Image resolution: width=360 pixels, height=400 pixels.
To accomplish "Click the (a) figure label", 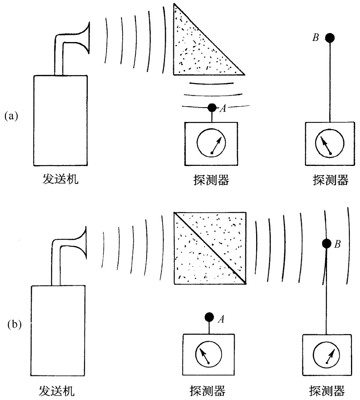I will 11,116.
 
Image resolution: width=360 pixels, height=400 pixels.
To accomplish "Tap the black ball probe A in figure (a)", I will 212,108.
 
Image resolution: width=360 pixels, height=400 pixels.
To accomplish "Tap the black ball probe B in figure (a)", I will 330,38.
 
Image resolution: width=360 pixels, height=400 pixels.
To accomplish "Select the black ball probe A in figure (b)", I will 209,317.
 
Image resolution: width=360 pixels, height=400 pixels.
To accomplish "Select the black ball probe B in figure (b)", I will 327,243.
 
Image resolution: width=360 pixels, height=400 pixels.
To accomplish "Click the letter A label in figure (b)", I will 221,320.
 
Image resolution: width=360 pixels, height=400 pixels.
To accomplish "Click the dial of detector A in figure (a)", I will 212,143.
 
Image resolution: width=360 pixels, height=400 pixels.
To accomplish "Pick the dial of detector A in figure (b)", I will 208,354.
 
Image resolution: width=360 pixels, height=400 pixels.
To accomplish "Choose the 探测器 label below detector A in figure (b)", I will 207,391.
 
